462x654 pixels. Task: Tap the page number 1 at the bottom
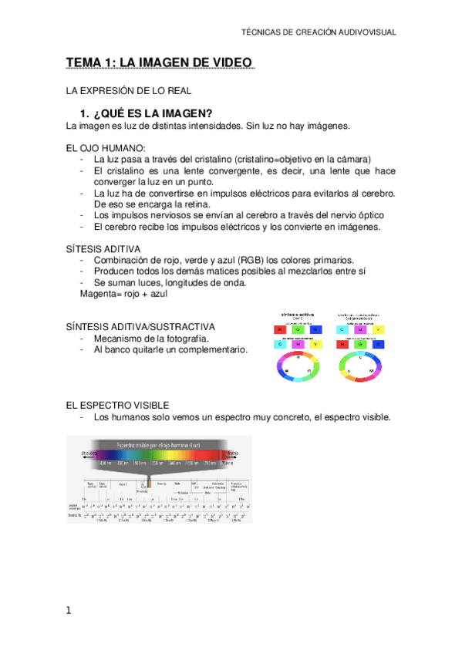pos(69,611)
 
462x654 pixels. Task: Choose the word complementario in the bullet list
pos(213,349)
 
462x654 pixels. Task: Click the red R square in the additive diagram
pos(279,329)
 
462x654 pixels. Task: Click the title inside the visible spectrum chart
pos(159,445)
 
